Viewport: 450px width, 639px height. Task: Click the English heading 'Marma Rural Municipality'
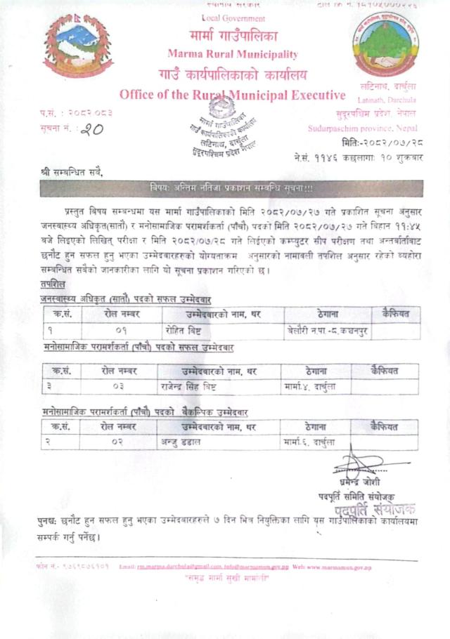pyautogui.click(x=233, y=54)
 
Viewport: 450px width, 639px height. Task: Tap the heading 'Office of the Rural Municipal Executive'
pyautogui.click(x=233, y=95)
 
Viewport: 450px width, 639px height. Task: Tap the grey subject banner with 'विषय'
pyautogui.click(x=231, y=187)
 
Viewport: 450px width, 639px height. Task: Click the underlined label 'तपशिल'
pyautogui.click(x=53, y=284)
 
